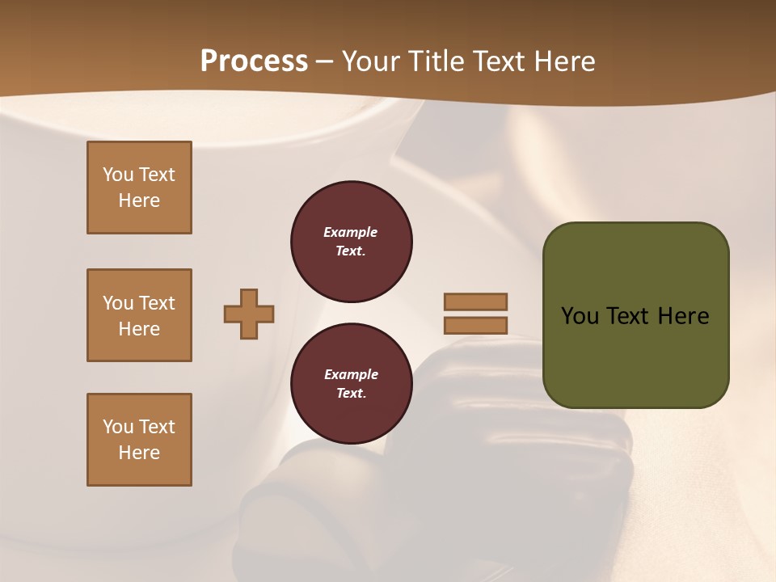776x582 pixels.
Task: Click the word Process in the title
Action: [254, 61]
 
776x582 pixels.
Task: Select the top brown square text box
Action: [139, 188]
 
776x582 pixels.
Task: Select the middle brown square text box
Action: [139, 315]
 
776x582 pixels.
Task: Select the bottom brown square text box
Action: [139, 440]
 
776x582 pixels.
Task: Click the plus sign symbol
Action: [249, 314]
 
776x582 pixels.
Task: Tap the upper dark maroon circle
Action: [351, 242]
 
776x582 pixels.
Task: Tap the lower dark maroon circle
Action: [351, 384]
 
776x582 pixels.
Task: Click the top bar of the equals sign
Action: [475, 302]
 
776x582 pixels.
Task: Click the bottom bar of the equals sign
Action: [475, 325]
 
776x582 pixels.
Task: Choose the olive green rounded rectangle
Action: [635, 356]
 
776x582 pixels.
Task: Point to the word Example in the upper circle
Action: [351, 233]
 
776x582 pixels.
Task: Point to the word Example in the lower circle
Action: [351, 375]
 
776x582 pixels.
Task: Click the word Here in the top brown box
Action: [139, 200]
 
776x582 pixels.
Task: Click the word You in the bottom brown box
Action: [118, 427]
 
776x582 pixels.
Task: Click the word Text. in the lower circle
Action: [351, 394]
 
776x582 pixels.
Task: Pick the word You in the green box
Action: [579, 316]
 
